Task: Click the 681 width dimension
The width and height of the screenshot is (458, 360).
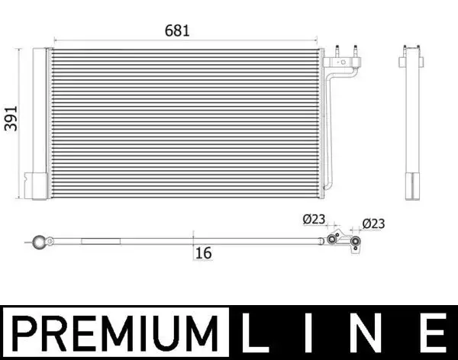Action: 176,31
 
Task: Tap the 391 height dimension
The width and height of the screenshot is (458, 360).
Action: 11,117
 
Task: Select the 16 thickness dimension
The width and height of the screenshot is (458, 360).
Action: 202,252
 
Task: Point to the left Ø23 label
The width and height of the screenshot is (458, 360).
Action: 313,220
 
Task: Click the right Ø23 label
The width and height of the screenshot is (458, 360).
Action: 373,223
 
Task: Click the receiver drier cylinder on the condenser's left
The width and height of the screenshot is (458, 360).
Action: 37,122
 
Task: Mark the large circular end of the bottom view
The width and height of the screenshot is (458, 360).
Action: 37,243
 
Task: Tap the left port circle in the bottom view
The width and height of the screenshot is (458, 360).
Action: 332,239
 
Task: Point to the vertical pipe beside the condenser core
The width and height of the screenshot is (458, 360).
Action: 330,130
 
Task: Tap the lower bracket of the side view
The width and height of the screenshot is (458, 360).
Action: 411,185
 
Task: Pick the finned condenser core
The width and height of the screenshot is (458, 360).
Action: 183,122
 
